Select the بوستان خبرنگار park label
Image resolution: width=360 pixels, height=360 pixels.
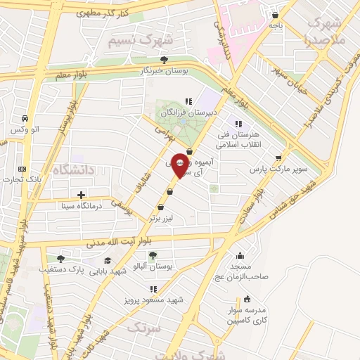pyautogui.click(x=165, y=72)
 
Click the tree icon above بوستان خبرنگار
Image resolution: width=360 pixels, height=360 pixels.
pyautogui.click(x=165, y=60)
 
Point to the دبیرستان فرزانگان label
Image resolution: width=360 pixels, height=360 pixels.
pyautogui.click(x=188, y=112)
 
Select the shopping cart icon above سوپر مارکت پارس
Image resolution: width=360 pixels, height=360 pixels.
pyautogui.click(x=279, y=157)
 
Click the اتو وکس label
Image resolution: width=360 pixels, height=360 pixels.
pyautogui.click(x=25, y=131)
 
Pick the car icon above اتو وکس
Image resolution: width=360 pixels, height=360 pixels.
pyautogui.click(x=25, y=118)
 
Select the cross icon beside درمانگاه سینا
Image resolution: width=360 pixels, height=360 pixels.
pyautogui.click(x=82, y=195)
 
